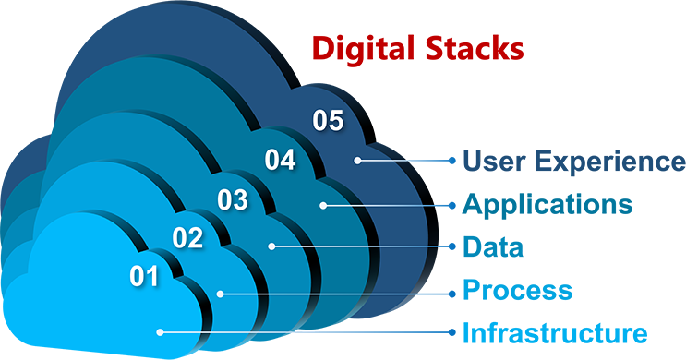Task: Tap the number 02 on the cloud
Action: pos(188,238)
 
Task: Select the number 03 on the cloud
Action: pos(233,198)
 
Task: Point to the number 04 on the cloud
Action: pos(280,160)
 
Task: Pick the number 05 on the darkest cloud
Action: pos(328,120)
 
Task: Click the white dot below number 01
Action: pos(160,330)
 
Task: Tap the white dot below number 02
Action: pos(220,294)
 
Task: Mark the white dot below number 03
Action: pos(272,246)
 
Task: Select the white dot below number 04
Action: pos(323,205)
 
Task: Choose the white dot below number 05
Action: pos(357,160)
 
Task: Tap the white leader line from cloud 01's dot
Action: pos(305,330)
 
